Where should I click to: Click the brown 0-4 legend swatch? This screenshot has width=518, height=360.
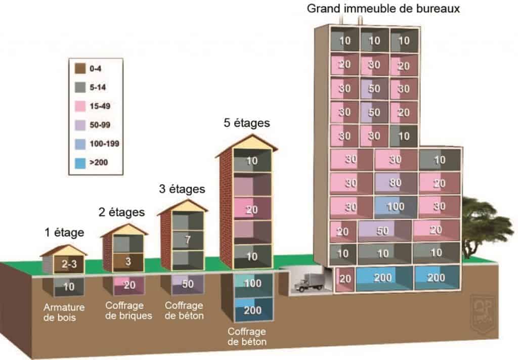pyautogui.click(x=80, y=68)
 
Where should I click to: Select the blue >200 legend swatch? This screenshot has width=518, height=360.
pyautogui.click(x=80, y=163)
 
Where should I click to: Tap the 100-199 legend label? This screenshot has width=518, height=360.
pyautogui.click(x=104, y=144)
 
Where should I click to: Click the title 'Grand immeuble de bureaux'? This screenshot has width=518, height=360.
pyautogui.click(x=383, y=9)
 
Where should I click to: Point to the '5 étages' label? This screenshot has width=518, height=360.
pyautogui.click(x=247, y=123)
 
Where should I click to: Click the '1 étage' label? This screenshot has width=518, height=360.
pyautogui.click(x=64, y=233)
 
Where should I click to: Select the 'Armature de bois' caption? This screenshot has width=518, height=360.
pyautogui.click(x=64, y=312)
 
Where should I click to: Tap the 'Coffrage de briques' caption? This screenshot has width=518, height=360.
pyautogui.click(x=128, y=310)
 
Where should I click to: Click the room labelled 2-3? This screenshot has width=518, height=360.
pyautogui.click(x=69, y=264)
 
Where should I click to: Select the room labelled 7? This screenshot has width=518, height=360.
pyautogui.click(x=188, y=240)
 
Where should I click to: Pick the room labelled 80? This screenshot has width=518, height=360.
pyautogui.click(x=396, y=183)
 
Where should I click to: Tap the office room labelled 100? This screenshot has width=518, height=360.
pyautogui.click(x=396, y=207)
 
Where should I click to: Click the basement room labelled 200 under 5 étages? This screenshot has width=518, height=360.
pyautogui.click(x=253, y=309)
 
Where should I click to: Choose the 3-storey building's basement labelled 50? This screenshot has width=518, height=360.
pyautogui.click(x=187, y=284)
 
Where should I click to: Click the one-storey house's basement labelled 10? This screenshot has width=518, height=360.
pyautogui.click(x=69, y=287)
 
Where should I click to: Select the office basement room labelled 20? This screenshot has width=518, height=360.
pyautogui.click(x=345, y=279)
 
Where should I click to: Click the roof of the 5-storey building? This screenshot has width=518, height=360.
pyautogui.click(x=246, y=143)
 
